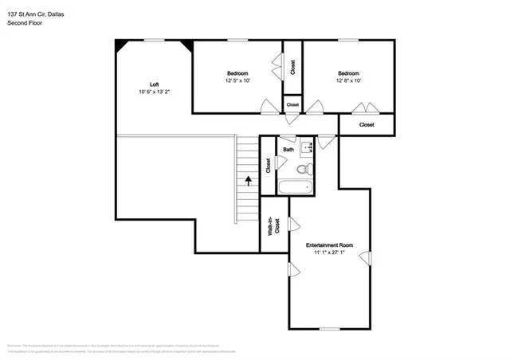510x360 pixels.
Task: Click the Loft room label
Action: coord(154,84)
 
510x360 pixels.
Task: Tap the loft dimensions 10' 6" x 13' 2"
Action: coord(154,92)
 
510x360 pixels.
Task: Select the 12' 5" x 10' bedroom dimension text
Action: coord(237,80)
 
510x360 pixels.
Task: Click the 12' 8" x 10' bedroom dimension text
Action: coord(348,80)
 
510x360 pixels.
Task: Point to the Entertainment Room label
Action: coord(329,245)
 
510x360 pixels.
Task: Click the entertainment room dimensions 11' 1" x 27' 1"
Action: coord(329,253)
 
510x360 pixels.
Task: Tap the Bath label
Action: coord(288,149)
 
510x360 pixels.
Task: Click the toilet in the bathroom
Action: coord(303,169)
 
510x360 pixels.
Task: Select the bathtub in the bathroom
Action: coord(295,188)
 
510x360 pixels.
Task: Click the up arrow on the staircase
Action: coord(249,181)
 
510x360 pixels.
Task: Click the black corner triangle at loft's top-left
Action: coord(121,45)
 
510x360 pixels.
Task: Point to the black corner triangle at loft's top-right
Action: coord(186,45)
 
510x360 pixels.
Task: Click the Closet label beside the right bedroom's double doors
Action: coord(367,124)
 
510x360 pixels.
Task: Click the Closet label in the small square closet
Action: coord(292,104)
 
